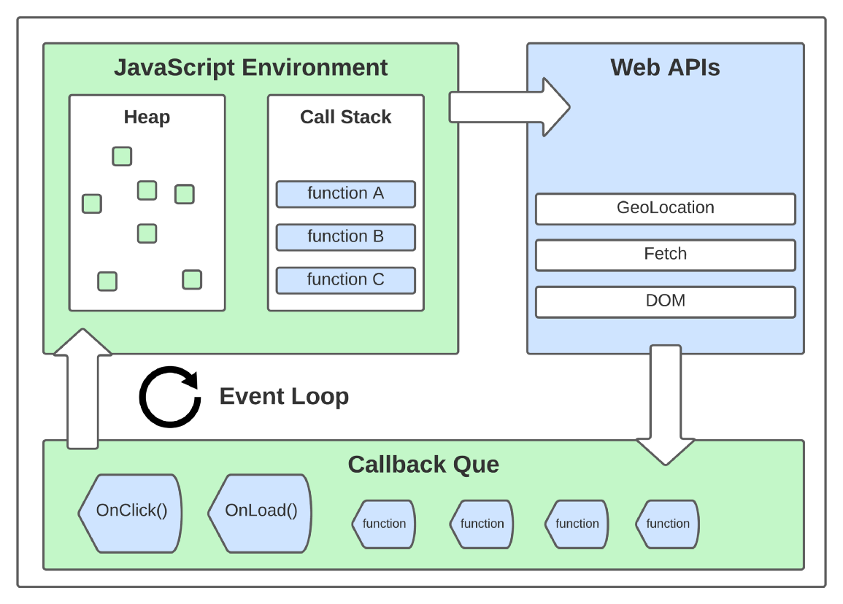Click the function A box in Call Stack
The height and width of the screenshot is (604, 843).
point(345,194)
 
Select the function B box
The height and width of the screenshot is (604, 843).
point(345,237)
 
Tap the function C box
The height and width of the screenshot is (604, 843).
point(345,280)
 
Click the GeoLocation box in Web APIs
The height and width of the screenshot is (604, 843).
point(665,209)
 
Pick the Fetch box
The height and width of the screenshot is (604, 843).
point(665,255)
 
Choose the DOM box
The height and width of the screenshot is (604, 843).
point(665,301)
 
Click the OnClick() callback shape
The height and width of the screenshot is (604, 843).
point(130,513)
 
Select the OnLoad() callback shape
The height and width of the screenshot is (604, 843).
point(260,513)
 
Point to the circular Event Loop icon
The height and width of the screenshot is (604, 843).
point(170,397)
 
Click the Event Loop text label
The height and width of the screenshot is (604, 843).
point(284,397)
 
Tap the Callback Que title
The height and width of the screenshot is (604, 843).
point(423,465)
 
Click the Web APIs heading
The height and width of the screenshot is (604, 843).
point(665,68)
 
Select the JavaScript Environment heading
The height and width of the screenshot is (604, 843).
point(250,68)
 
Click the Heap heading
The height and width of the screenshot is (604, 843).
point(147,117)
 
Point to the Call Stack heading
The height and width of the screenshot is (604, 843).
point(345,117)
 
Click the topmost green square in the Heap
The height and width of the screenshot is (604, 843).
point(122,156)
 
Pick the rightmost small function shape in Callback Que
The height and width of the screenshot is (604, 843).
point(667,524)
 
